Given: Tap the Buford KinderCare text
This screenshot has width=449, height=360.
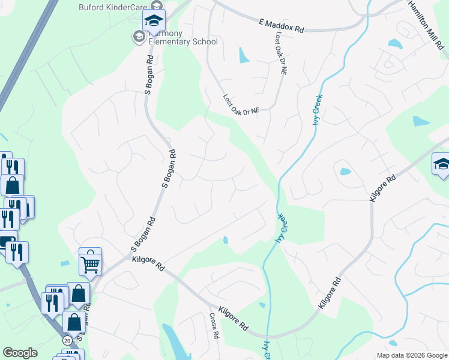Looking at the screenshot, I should (114, 7).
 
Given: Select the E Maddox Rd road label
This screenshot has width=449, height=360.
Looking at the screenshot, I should (282, 25).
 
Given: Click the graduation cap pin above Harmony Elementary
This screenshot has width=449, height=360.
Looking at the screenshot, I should (154, 22).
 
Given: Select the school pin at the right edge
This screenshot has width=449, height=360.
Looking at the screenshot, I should (441, 164).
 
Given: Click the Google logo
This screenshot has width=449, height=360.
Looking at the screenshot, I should (20, 353).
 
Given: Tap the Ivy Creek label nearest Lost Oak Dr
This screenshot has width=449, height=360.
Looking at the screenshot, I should (316, 110).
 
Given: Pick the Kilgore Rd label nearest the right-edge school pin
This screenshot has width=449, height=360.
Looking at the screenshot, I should (383, 188).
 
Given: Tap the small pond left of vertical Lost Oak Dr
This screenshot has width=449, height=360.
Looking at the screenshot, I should (244, 56).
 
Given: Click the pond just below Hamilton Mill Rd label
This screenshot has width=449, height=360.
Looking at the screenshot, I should (395, 43).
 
